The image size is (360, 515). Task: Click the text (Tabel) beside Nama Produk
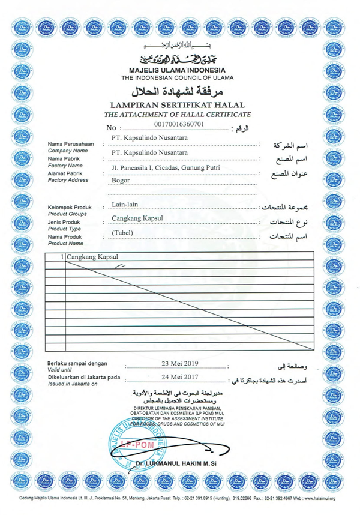coord(124,233)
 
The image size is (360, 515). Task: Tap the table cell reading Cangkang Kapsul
coord(91,257)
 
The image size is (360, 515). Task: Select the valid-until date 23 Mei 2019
coord(179,364)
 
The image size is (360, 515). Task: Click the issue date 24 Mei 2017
coord(179,378)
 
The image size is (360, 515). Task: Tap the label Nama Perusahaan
coord(71,145)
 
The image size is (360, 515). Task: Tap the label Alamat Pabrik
coord(67,173)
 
